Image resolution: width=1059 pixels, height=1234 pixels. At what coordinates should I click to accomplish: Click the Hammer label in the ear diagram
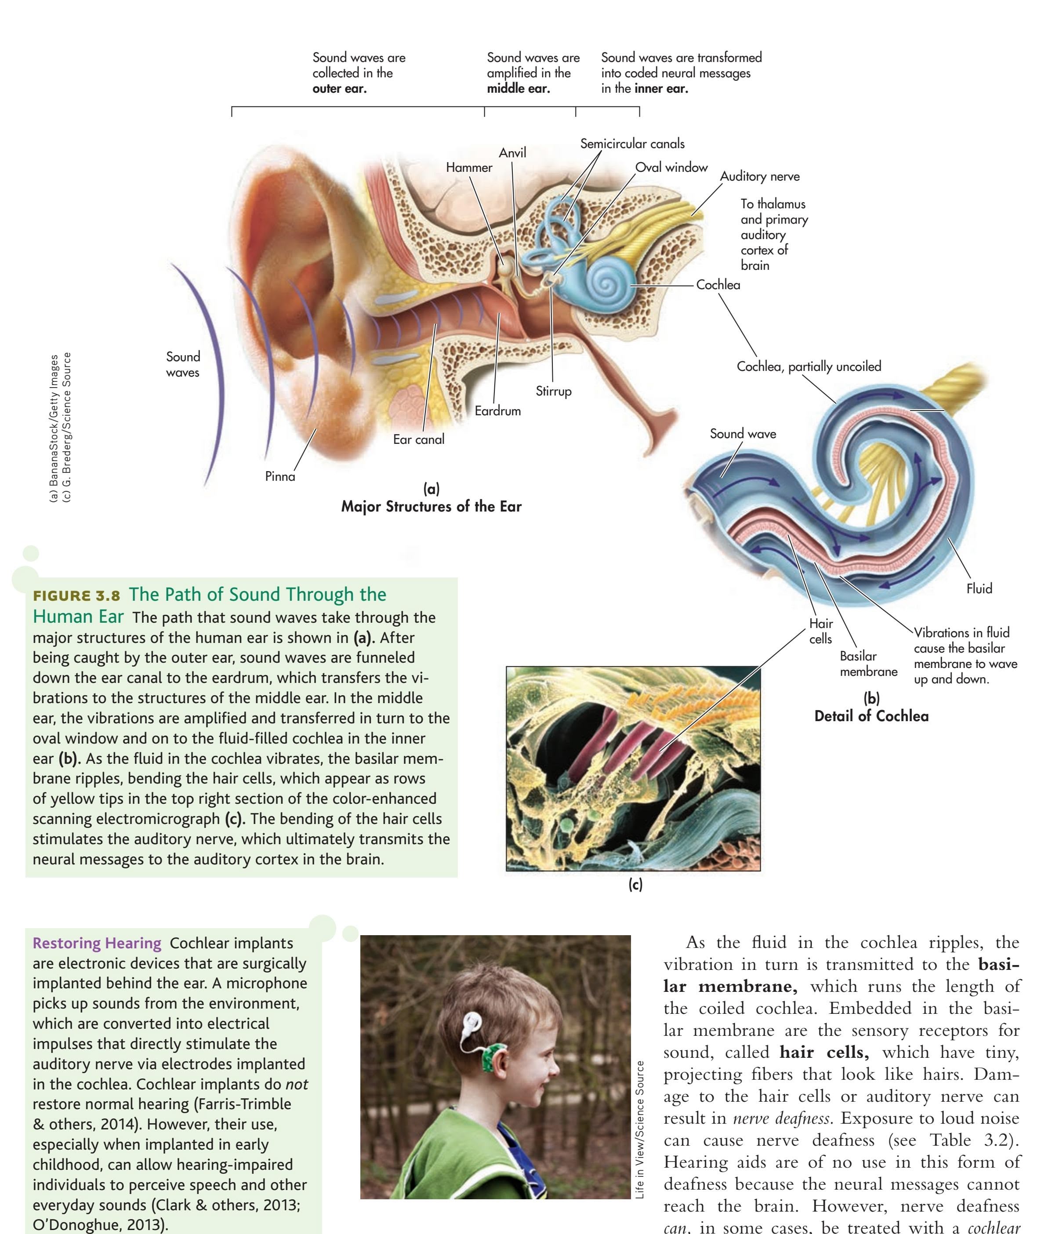[x=469, y=168]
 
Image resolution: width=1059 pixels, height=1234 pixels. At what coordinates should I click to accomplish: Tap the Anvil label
[x=512, y=153]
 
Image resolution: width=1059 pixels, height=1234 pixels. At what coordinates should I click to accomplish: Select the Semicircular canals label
[x=632, y=144]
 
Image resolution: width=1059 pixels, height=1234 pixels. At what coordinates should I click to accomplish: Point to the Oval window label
[x=671, y=167]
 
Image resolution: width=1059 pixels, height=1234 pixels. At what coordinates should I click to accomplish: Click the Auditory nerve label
[x=759, y=176]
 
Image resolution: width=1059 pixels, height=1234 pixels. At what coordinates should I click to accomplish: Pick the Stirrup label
[x=553, y=391]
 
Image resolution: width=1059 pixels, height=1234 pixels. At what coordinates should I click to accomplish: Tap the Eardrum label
[x=497, y=411]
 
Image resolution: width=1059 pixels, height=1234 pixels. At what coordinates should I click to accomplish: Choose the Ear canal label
[x=418, y=439]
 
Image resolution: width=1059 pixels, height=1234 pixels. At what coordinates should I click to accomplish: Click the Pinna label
[x=280, y=476]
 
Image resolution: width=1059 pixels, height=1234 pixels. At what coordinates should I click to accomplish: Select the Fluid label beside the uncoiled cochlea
[x=979, y=588]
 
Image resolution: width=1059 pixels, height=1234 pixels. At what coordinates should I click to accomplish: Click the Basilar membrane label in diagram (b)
[x=868, y=664]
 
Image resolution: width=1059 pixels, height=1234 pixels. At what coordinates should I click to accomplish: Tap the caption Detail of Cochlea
[x=871, y=716]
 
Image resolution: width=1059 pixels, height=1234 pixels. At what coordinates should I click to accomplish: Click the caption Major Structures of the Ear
[x=431, y=507]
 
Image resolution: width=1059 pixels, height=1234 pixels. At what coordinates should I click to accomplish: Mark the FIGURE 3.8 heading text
[x=76, y=595]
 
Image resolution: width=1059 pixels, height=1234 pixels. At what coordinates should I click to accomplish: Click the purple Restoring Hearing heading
[x=97, y=944]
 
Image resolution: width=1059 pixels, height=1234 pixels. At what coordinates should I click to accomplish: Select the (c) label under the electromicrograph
[x=635, y=885]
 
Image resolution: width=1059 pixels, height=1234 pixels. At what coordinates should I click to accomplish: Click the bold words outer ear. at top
[x=340, y=89]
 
